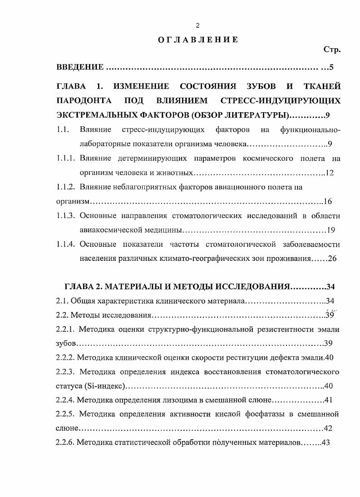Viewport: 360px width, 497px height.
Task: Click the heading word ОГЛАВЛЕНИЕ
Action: click(x=198, y=40)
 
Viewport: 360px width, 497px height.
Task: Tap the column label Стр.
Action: click(x=332, y=50)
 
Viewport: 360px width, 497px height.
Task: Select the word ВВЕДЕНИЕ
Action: click(x=80, y=68)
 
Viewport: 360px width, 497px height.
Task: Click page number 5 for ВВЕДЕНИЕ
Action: click(x=332, y=68)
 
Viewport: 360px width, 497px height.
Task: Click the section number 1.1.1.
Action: click(x=65, y=159)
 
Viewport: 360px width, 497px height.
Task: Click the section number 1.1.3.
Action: click(x=65, y=216)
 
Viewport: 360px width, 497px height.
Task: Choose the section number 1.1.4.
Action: click(x=65, y=244)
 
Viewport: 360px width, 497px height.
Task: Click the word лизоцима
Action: click(x=172, y=400)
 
